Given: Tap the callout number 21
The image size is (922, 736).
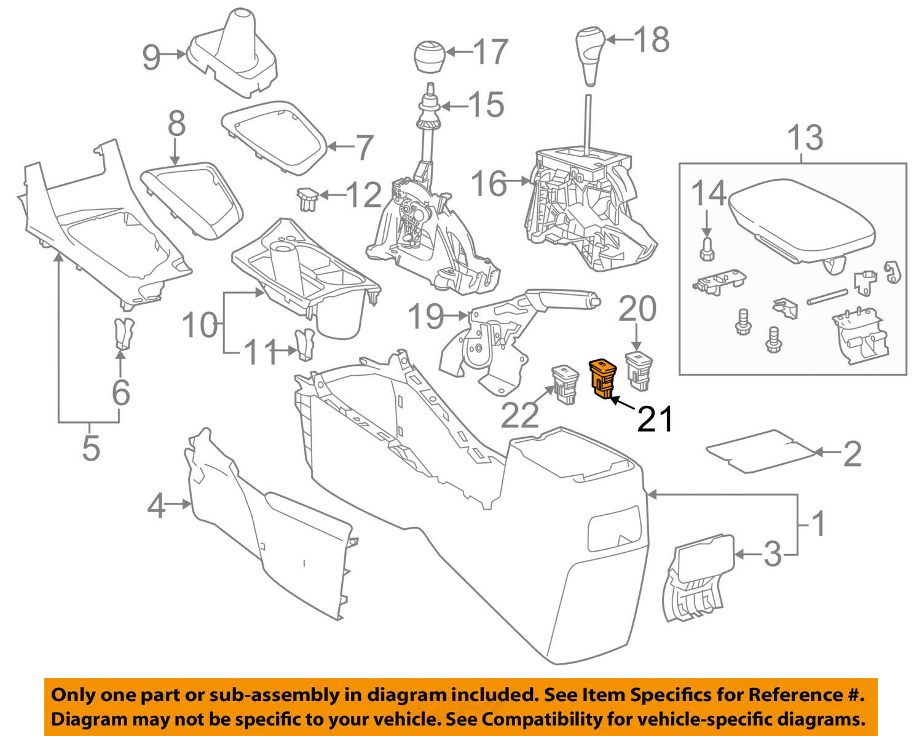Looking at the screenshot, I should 655,420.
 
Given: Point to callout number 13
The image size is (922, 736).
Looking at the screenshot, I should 805,138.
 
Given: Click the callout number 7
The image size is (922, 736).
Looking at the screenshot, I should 364,148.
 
